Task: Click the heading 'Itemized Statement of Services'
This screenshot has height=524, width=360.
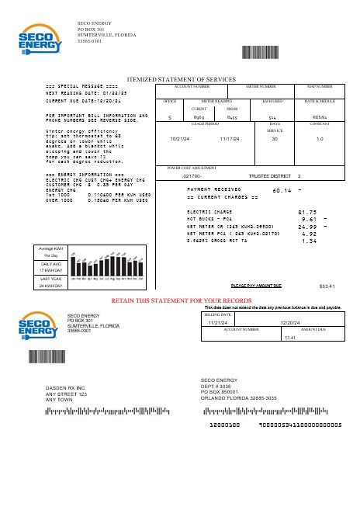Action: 181,79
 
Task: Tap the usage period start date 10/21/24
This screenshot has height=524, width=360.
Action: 179,138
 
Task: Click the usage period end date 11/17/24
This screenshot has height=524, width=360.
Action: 231,138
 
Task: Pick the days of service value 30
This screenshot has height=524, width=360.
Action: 274,138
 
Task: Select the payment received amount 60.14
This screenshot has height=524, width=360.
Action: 282,190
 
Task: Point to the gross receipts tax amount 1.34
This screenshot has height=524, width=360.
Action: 308,241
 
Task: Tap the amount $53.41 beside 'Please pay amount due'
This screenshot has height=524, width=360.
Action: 327,286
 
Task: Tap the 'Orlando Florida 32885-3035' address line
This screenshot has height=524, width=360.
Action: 238,397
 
